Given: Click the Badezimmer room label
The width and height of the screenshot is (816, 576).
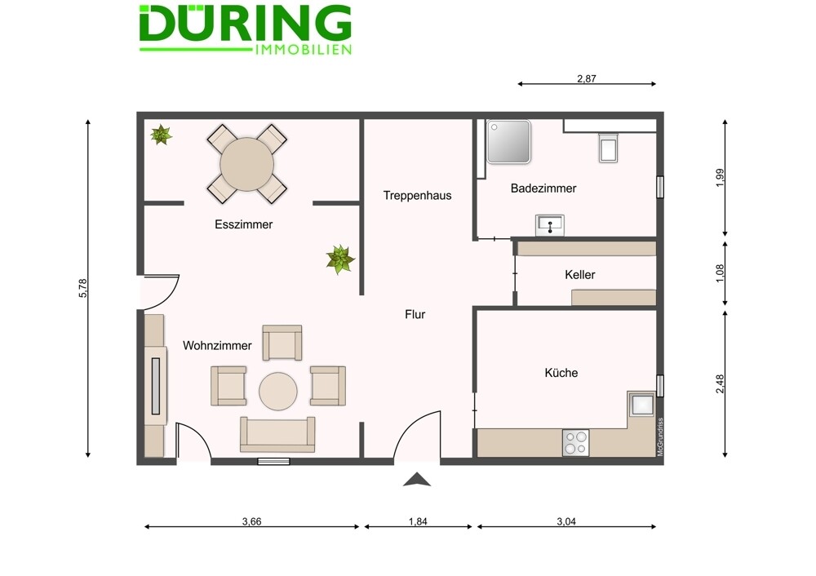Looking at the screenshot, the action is click(x=543, y=188).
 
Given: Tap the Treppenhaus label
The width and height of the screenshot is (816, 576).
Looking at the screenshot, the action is click(x=417, y=196).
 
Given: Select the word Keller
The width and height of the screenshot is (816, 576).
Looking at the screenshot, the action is click(x=579, y=275).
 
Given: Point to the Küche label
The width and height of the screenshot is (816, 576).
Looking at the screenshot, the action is click(x=561, y=373).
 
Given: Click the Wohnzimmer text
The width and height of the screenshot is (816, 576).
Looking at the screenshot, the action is click(x=217, y=345).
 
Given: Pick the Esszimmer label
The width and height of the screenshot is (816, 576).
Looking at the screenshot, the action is click(x=243, y=224).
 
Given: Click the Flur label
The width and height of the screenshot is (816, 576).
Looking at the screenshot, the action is click(x=415, y=314).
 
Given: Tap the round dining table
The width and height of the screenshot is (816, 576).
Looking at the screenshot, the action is click(x=246, y=165).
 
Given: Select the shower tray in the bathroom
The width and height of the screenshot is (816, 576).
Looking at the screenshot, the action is click(x=508, y=141).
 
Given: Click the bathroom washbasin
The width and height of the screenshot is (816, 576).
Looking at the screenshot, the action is click(x=550, y=225).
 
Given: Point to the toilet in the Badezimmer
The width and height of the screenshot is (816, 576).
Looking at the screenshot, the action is click(x=609, y=148).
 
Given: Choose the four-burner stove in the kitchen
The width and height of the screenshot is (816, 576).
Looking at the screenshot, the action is click(x=575, y=443).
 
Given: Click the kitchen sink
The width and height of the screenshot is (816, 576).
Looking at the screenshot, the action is click(x=641, y=405).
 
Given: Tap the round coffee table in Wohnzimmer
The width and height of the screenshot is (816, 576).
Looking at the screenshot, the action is click(x=278, y=392).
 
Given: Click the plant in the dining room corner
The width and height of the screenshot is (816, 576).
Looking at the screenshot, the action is click(x=162, y=135).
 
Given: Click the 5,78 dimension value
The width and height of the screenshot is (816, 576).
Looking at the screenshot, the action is click(x=82, y=288).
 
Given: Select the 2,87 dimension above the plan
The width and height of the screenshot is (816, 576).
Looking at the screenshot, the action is click(x=587, y=78).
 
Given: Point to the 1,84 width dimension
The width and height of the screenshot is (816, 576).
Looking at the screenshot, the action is click(x=418, y=521).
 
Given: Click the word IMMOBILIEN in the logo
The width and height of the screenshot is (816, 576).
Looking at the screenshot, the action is click(x=304, y=50).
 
